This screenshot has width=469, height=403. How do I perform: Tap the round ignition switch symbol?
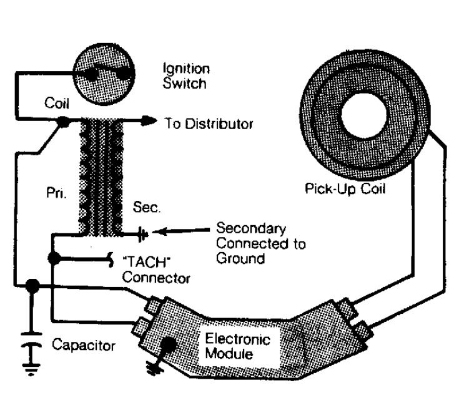coord(103,74)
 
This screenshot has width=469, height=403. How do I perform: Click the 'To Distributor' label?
coord(209,124)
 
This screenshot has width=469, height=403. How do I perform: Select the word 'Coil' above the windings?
coord(56,104)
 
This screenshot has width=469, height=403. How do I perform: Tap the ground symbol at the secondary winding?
coord(144,235)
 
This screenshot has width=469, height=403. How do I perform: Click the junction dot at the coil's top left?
coord(63,124)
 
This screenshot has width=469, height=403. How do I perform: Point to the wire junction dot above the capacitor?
coord(32,286)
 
